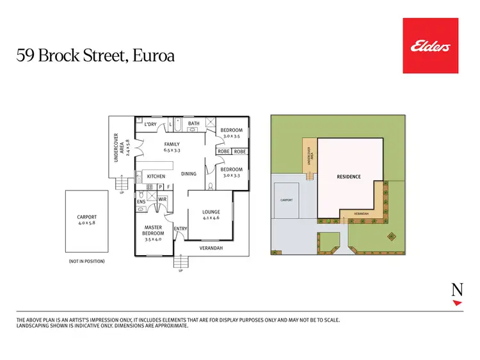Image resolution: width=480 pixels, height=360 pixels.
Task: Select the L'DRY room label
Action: (150, 124)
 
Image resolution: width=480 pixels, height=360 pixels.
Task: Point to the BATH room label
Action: (194, 123)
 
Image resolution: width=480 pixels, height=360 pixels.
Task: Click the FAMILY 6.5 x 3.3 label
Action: (172, 147)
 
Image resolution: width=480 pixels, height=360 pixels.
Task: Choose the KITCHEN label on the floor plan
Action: (156, 176)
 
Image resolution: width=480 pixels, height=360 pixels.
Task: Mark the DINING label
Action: (188, 174)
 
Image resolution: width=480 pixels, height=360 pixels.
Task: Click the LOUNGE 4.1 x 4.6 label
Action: (211, 215)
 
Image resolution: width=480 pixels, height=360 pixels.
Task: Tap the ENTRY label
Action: (180, 229)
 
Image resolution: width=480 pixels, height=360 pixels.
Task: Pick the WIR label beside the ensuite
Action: (163, 199)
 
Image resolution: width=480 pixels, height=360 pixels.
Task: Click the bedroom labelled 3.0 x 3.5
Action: (231, 133)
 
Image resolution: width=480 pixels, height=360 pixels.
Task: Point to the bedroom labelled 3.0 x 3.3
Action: (231, 171)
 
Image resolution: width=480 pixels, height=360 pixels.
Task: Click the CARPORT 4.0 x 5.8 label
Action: (86, 221)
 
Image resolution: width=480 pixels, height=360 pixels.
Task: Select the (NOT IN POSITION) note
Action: (86, 262)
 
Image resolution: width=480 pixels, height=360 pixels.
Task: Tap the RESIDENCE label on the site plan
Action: (349, 176)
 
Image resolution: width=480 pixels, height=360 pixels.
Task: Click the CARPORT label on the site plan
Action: (286, 200)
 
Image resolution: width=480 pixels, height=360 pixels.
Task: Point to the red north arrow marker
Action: (457, 303)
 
